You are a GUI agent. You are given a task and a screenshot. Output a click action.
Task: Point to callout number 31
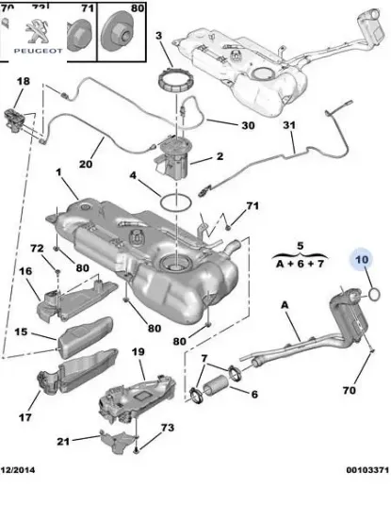coord(289,126)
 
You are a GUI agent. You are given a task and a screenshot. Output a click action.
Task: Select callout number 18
coord(23,83)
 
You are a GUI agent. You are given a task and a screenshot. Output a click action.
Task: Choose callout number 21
coord(63,441)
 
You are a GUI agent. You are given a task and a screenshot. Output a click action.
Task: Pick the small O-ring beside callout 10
coord(372,294)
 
